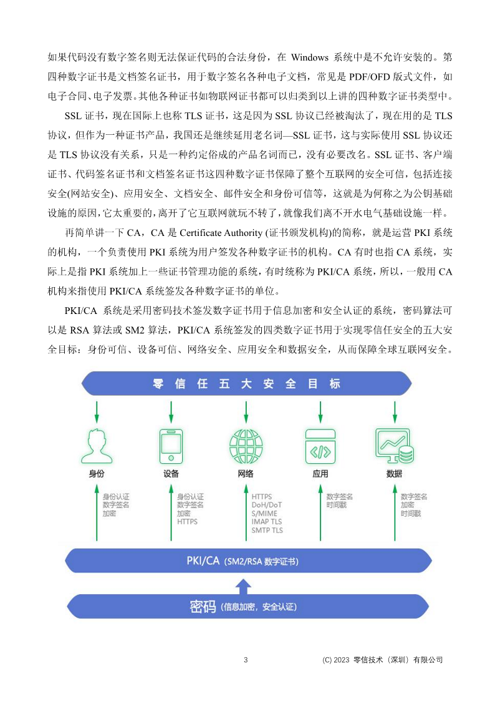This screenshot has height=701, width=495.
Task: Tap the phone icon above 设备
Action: (171, 444)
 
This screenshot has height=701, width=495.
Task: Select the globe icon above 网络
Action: (246, 444)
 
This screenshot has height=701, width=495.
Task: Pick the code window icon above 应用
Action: (320, 444)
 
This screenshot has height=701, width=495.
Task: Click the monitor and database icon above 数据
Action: (395, 444)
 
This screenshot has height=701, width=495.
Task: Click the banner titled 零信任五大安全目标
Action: (247, 383)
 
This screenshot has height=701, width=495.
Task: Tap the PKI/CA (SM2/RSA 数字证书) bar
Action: (247, 561)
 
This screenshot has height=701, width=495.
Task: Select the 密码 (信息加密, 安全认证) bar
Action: (247, 606)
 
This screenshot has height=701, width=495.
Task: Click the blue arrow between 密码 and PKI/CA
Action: (245, 585)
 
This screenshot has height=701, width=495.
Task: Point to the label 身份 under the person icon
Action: (97, 474)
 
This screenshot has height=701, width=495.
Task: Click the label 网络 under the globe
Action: (246, 474)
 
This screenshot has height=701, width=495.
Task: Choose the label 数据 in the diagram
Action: (394, 474)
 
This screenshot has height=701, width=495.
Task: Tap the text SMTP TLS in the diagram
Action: (267, 530)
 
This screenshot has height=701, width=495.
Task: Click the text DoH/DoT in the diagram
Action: (266, 505)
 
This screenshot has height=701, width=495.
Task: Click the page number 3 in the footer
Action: (246, 660)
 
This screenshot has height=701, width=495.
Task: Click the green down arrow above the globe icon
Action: (246, 411)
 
